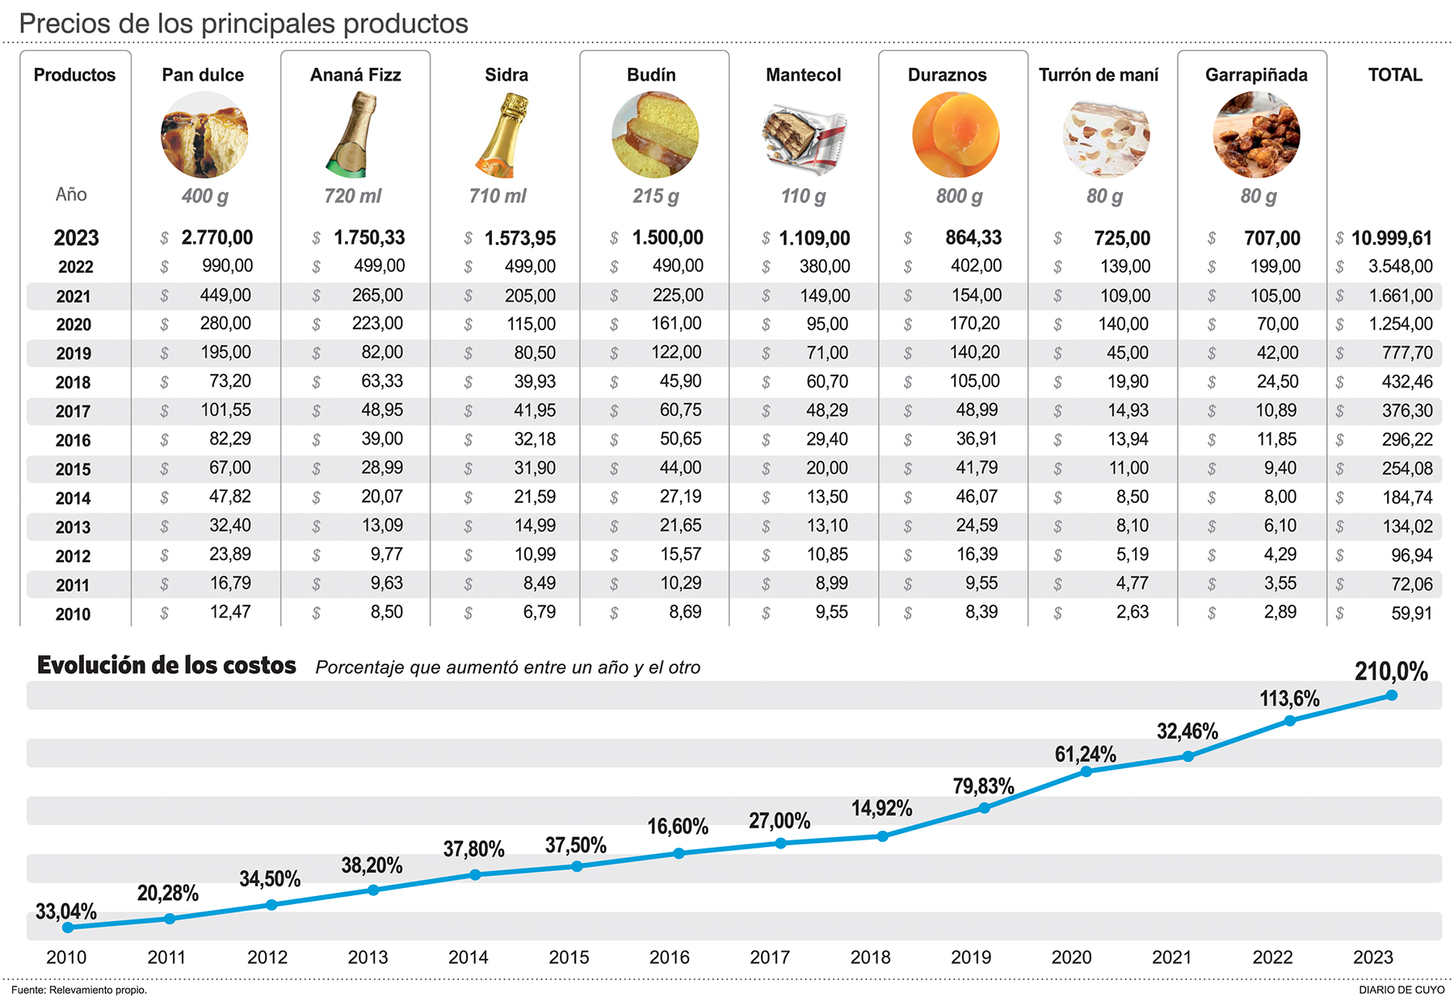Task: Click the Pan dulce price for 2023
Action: [x=216, y=238]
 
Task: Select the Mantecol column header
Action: [x=803, y=75]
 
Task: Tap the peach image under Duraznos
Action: [x=956, y=135]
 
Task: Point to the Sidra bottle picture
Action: [x=502, y=135]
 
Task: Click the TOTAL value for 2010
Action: [x=1410, y=614]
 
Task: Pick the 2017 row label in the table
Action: [x=73, y=412]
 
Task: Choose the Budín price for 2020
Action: [x=676, y=324]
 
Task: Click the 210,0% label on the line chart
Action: [x=1391, y=672]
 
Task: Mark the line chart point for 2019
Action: [x=984, y=808]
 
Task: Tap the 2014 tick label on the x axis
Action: [x=469, y=957]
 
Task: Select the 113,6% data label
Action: [x=1289, y=698]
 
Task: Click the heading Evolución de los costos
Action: [x=166, y=665]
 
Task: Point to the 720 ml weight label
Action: [x=352, y=196]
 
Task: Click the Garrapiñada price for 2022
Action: [x=1275, y=266]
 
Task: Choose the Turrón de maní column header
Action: [x=1098, y=75]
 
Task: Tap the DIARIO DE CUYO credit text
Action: [x=1401, y=990]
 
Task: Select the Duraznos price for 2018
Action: [x=974, y=381]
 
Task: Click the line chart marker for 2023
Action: [x=1391, y=695]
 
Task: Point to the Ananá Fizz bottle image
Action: [x=352, y=135]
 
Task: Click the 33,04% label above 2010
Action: [x=66, y=912]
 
